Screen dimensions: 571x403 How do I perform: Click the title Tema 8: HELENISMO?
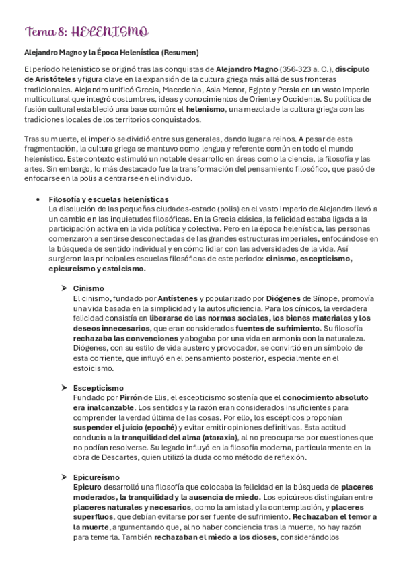tap(87, 32)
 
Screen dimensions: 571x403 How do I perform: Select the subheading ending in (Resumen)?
tap(111, 52)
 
